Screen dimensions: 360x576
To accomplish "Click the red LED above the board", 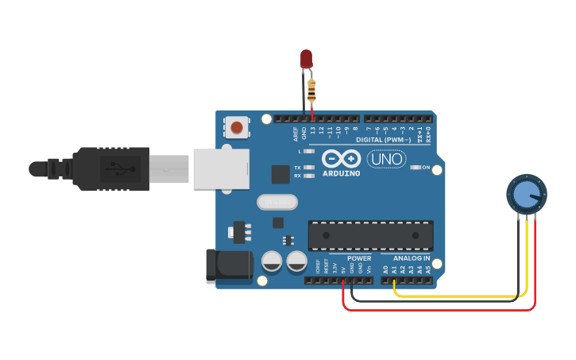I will tap(306, 59).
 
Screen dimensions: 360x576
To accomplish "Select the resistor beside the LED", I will tap(311, 89).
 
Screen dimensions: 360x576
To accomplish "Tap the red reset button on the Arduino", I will tap(236, 126).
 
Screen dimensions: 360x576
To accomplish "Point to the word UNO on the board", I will tap(386, 159).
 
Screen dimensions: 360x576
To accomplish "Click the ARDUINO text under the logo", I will tap(342, 173).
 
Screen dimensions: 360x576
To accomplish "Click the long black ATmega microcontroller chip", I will tap(370, 235).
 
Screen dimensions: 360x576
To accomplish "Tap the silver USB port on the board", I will tap(220, 168).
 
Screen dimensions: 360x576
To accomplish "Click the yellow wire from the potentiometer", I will tap(461, 296).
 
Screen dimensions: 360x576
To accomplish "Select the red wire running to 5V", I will tap(437, 309).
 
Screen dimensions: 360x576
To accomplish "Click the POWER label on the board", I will tap(359, 258).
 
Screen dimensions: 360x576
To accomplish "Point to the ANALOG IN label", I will tap(412, 258).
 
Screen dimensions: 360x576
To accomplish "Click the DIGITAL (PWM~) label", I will tap(383, 140).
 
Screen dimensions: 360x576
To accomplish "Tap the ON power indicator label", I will tap(426, 168).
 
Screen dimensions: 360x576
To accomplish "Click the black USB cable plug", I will tap(111, 168).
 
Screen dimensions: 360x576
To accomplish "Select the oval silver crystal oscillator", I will tap(277, 203).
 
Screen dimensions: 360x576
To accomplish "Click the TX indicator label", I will tap(297, 168).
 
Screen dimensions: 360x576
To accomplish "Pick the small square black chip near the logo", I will tap(280, 174).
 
